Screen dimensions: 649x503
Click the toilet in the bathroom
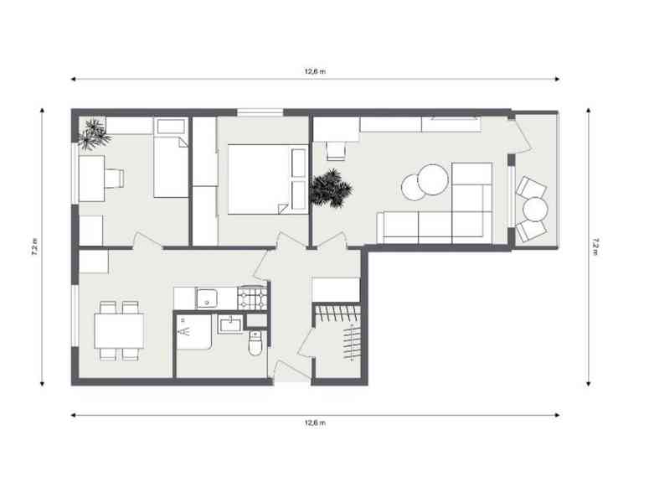255,343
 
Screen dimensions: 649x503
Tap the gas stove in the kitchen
252,298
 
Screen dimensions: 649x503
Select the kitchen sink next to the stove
207,298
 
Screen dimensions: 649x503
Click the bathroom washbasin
231,324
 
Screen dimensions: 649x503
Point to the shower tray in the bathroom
194,331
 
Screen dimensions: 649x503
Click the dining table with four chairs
119,330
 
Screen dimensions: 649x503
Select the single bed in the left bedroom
171,158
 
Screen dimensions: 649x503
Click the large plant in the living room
331,188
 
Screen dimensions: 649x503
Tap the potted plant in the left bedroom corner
94,134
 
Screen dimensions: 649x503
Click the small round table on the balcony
535,210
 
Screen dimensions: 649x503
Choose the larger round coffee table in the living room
433,179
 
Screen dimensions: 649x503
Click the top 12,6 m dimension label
315,71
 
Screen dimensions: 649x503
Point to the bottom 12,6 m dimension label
315,423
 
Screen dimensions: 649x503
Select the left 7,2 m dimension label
35,247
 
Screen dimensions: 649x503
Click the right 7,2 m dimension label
595,247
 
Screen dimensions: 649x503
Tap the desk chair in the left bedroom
114,179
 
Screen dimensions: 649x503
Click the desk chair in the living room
336,151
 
